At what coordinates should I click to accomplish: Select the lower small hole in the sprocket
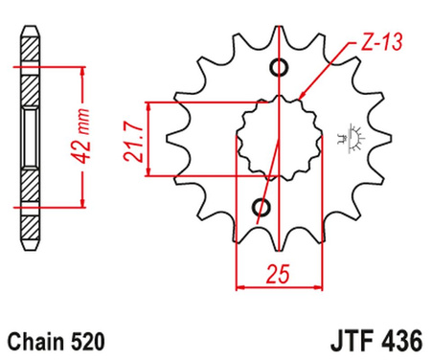(262, 207)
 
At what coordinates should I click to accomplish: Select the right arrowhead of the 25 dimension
(316, 286)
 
